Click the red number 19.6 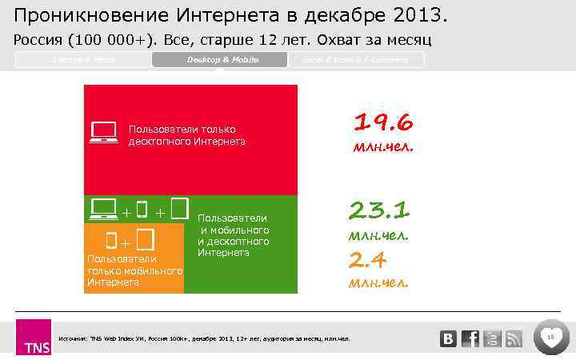click(x=383, y=122)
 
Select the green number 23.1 click(x=379, y=210)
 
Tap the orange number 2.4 click(x=368, y=259)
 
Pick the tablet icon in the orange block click(x=145, y=239)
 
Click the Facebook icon click(x=470, y=338)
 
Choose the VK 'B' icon click(x=448, y=339)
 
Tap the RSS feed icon click(x=514, y=339)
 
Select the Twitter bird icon click(x=493, y=339)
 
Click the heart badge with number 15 click(x=551, y=338)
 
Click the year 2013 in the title click(x=414, y=15)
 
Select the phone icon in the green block click(x=142, y=210)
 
